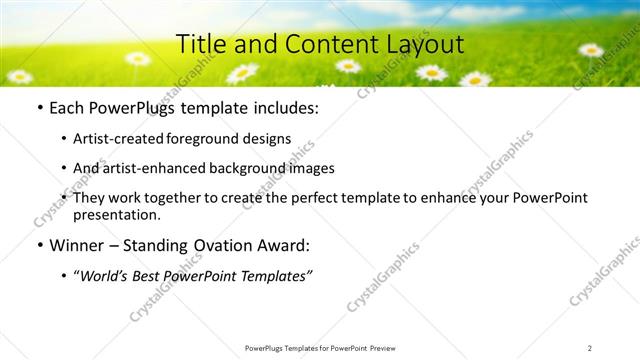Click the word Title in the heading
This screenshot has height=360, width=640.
(199, 44)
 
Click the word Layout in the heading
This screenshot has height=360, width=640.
(425, 44)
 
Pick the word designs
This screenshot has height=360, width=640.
(267, 139)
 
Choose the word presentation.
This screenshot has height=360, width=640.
(117, 214)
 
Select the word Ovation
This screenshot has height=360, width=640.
(239, 245)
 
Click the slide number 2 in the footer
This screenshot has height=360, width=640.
(590, 348)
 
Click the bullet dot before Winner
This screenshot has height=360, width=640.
(38, 245)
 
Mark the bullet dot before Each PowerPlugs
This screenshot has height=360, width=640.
(38, 108)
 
